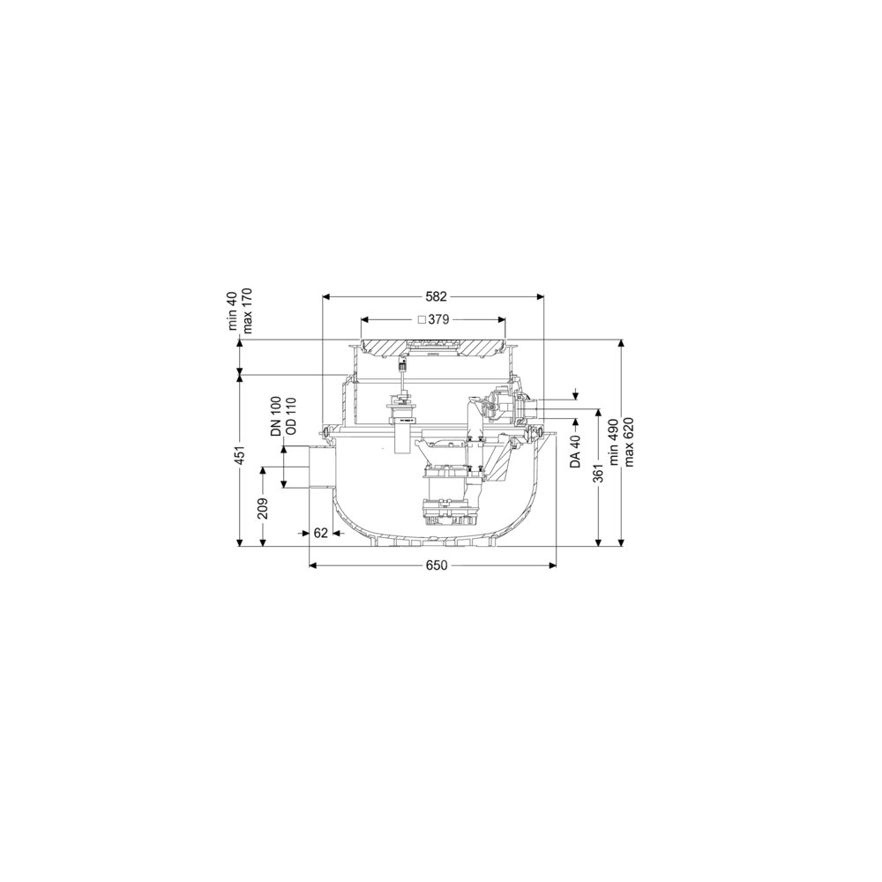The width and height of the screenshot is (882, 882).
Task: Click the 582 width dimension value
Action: click(x=436, y=295)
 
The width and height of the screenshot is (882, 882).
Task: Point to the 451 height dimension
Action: click(x=240, y=459)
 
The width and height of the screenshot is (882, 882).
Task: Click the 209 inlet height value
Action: click(x=263, y=509)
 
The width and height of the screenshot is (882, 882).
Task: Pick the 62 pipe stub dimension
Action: click(x=321, y=533)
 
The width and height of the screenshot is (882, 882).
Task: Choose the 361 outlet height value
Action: click(x=598, y=473)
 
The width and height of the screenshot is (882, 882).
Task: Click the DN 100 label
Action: click(x=276, y=417)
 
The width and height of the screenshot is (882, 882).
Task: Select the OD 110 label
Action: click(x=291, y=416)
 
